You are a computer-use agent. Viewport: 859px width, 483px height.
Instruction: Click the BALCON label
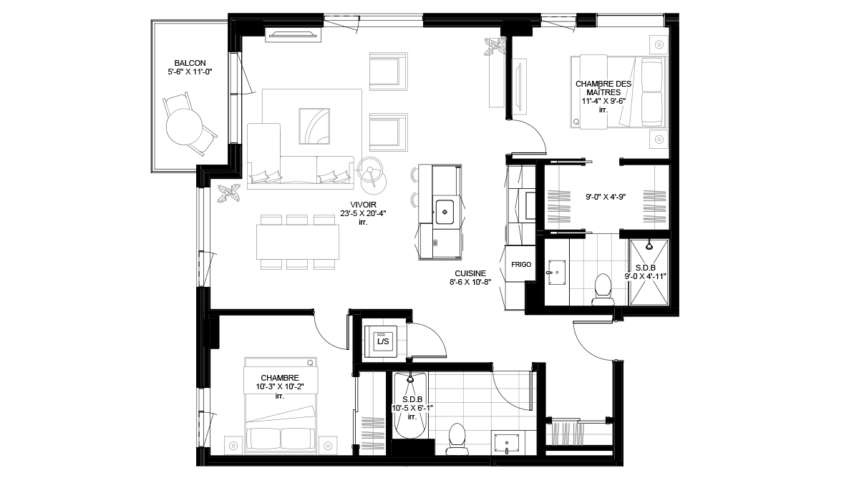point(190,63)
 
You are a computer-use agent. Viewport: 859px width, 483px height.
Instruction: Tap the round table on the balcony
point(184,127)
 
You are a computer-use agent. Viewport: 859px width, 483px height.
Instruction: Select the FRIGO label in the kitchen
point(521,265)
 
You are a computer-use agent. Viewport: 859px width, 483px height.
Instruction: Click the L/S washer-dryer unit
point(380,341)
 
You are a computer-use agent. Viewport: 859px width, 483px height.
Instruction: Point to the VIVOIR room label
point(363,205)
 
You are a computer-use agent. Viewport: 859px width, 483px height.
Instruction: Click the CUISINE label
point(470,273)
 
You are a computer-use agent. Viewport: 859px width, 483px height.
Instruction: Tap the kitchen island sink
point(445,212)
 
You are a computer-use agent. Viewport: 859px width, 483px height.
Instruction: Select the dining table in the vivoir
point(298,242)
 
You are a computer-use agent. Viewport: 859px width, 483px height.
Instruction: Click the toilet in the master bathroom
point(603,289)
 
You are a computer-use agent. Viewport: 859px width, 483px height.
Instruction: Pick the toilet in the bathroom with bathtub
point(457,439)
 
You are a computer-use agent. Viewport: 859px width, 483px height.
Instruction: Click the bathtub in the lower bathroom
point(410,405)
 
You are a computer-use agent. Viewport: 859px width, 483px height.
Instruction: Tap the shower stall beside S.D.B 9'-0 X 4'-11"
point(649,272)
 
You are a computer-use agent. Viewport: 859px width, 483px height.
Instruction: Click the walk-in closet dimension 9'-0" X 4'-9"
point(606,197)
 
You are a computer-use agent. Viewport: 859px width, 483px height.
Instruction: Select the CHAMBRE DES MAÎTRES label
point(603,88)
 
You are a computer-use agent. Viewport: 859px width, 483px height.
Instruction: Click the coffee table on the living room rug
point(314,126)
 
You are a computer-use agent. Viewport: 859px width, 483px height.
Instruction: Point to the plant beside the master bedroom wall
point(495,47)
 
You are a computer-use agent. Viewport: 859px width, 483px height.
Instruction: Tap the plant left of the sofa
point(228,192)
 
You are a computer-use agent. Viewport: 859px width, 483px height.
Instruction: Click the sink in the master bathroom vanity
point(557,273)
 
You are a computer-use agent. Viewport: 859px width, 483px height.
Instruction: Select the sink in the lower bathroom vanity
point(507,444)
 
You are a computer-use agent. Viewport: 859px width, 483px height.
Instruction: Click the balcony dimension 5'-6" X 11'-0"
point(190,72)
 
